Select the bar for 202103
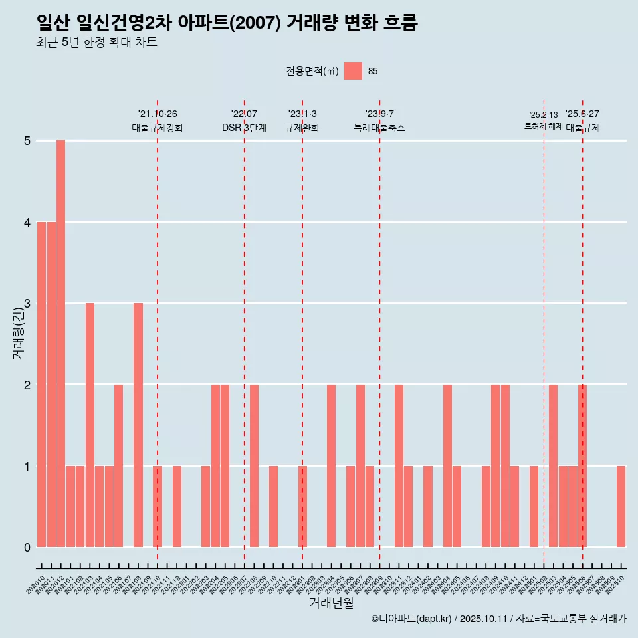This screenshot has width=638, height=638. coord(90,425)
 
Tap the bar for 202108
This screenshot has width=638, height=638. coord(138,425)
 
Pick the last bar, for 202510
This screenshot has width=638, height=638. coord(621,506)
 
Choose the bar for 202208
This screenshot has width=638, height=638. coord(254,465)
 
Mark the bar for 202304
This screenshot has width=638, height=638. coord(331,465)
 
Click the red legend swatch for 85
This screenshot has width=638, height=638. coord(353,71)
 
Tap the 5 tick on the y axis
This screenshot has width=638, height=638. coord(27,141)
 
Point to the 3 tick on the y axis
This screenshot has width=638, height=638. coord(27,304)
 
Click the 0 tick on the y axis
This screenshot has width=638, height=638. coord(27,547)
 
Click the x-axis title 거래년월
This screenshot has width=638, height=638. coord(331,603)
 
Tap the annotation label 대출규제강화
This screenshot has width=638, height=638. coord(158,128)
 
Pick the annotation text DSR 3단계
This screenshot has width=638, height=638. coord(244,128)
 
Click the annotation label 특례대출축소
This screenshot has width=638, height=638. coord(379,128)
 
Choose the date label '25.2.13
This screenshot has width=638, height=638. coord(543,115)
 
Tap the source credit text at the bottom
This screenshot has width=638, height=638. coord(498,619)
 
